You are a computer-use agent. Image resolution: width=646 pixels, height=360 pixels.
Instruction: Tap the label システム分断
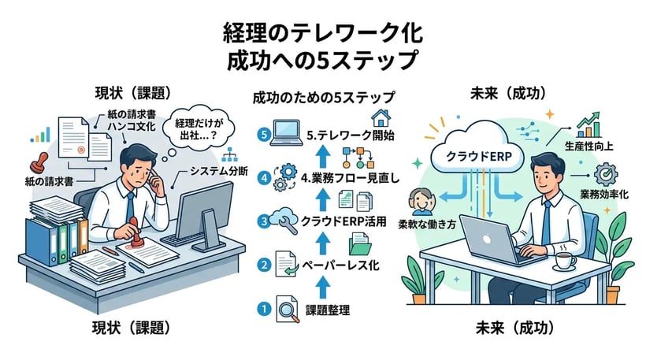coord(221,171)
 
